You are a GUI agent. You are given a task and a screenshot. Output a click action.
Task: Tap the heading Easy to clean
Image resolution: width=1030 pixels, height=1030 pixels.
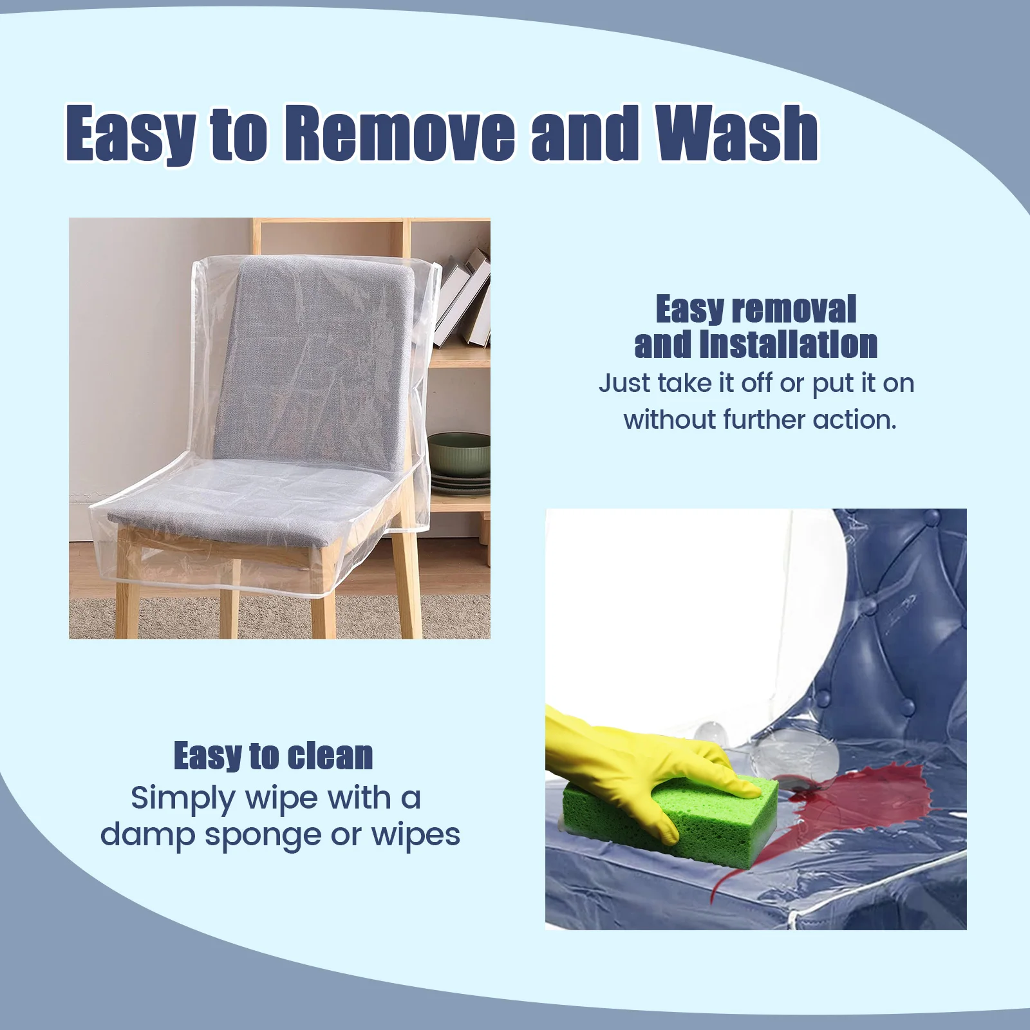(273, 756)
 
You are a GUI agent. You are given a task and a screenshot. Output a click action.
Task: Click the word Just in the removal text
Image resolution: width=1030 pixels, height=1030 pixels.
(624, 384)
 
